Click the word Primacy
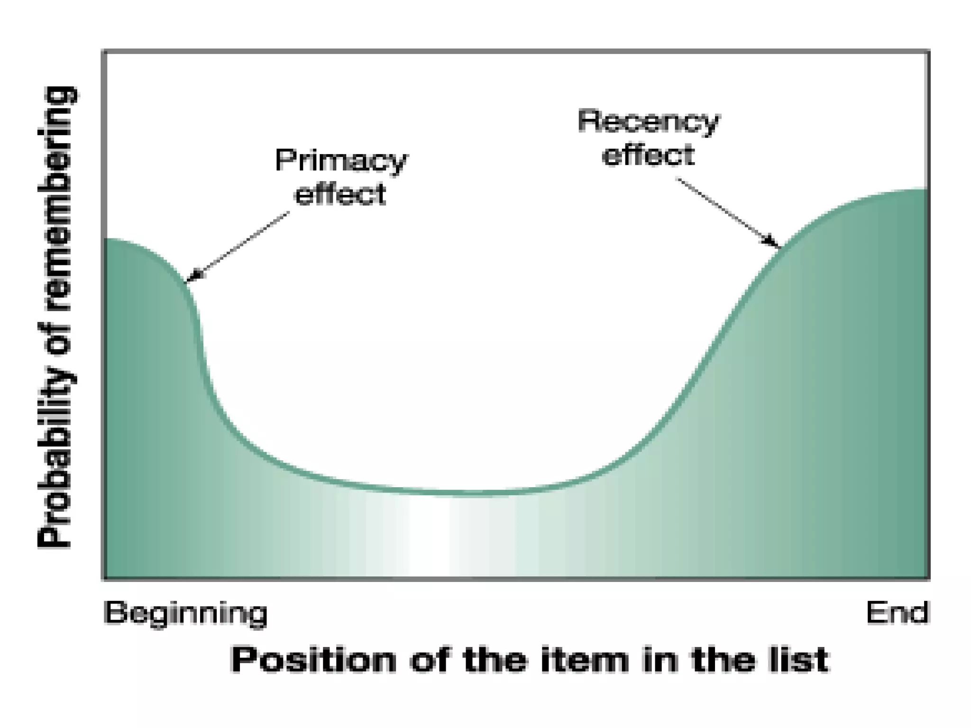click(x=341, y=161)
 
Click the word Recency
click(x=648, y=122)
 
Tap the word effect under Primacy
click(x=340, y=194)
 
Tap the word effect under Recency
click(x=648, y=155)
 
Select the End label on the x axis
click(x=897, y=612)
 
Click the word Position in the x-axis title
click(x=313, y=660)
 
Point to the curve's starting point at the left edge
click(x=106, y=239)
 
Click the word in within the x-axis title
click(x=659, y=660)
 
